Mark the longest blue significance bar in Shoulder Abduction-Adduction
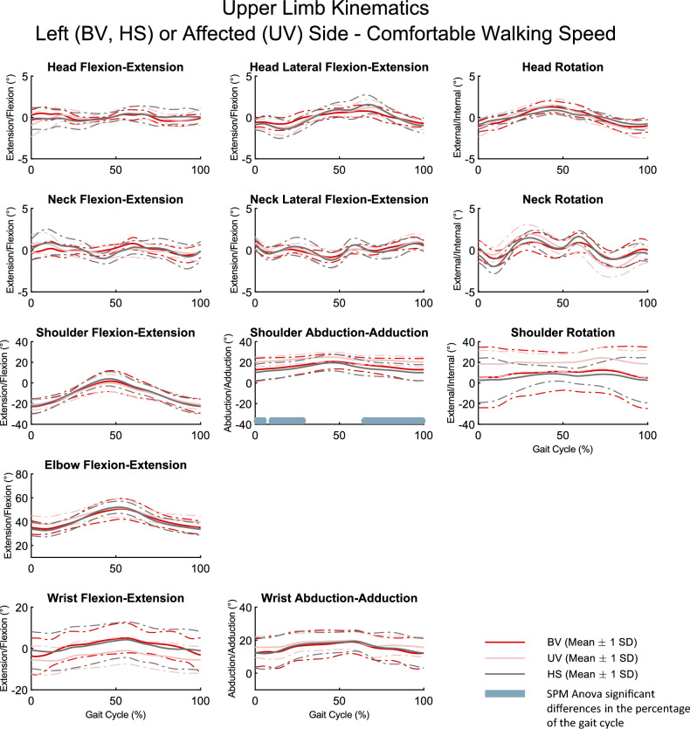pos(393,420)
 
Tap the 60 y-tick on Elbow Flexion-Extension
pos(22,476)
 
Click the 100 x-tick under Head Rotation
pos(646,171)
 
